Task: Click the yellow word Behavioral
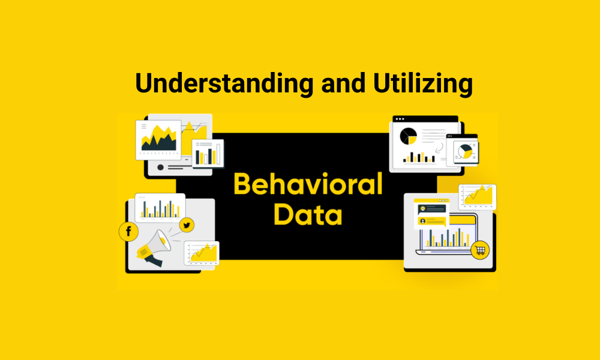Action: (x=308, y=184)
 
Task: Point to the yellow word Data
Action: (x=308, y=214)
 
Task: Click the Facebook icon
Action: (x=129, y=232)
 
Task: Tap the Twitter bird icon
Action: (x=187, y=225)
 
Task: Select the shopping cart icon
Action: (x=480, y=250)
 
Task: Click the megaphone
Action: (x=153, y=246)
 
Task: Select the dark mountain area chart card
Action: (x=158, y=139)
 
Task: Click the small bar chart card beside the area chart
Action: (x=207, y=152)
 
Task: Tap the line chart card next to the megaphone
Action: (x=202, y=253)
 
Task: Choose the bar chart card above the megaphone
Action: (x=160, y=207)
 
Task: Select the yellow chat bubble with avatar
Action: (x=433, y=221)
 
